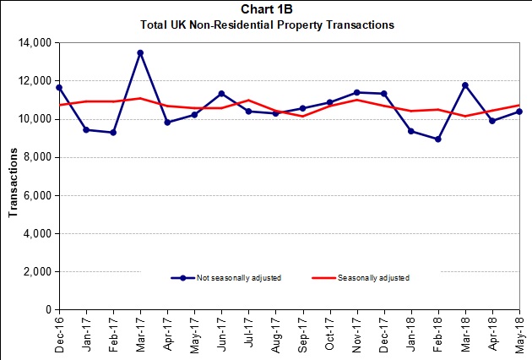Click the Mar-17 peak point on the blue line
[x=140, y=52]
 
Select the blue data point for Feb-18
[x=438, y=139]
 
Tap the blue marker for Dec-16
[x=59, y=87]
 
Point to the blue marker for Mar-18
[x=465, y=85]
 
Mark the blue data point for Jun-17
[x=221, y=93]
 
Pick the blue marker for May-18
[x=519, y=112]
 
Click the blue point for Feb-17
[x=113, y=132]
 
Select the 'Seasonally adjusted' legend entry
[x=372, y=277]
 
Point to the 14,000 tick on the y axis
[x=37, y=42]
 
